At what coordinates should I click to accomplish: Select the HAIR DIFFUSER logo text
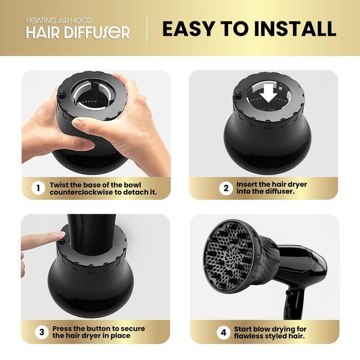point(78,33)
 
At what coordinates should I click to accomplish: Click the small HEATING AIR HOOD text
point(58,21)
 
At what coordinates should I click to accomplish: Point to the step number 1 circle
point(38,188)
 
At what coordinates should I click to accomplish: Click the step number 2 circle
point(226,188)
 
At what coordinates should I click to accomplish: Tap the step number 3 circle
point(42,332)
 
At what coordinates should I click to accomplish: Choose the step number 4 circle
point(223,333)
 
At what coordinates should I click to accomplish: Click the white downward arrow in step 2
point(269,93)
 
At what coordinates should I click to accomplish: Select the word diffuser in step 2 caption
point(279,191)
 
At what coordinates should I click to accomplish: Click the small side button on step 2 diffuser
point(237,93)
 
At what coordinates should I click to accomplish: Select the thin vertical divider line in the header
point(147,29)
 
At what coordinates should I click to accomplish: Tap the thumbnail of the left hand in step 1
point(88,144)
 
